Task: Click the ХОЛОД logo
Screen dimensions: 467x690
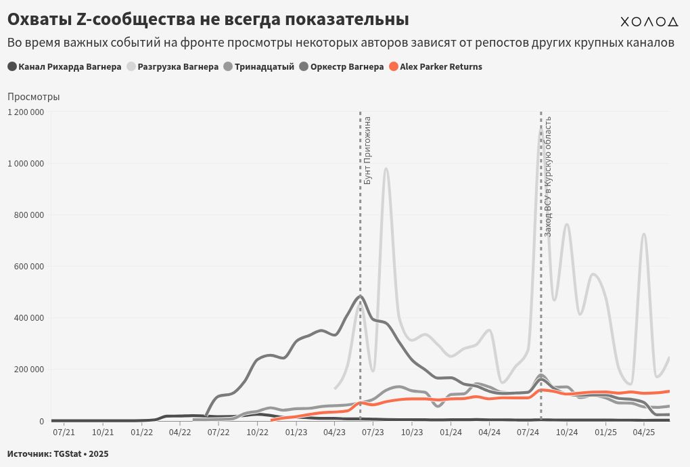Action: click(x=649, y=22)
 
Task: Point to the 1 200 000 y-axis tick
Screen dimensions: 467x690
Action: click(x=26, y=112)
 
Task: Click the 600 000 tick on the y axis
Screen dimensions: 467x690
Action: click(x=28, y=266)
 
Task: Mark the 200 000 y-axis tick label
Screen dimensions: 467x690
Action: click(x=28, y=370)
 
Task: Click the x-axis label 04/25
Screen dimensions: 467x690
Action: click(x=643, y=432)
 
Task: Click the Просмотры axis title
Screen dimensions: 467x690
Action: click(x=34, y=97)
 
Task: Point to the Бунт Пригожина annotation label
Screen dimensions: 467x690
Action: click(x=368, y=150)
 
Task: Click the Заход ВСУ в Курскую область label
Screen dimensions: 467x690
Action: click(x=549, y=176)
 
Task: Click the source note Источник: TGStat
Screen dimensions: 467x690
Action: click(x=57, y=453)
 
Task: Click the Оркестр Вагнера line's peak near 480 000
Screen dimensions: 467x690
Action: click(x=360, y=296)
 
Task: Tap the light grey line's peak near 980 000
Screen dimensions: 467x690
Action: click(x=386, y=169)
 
